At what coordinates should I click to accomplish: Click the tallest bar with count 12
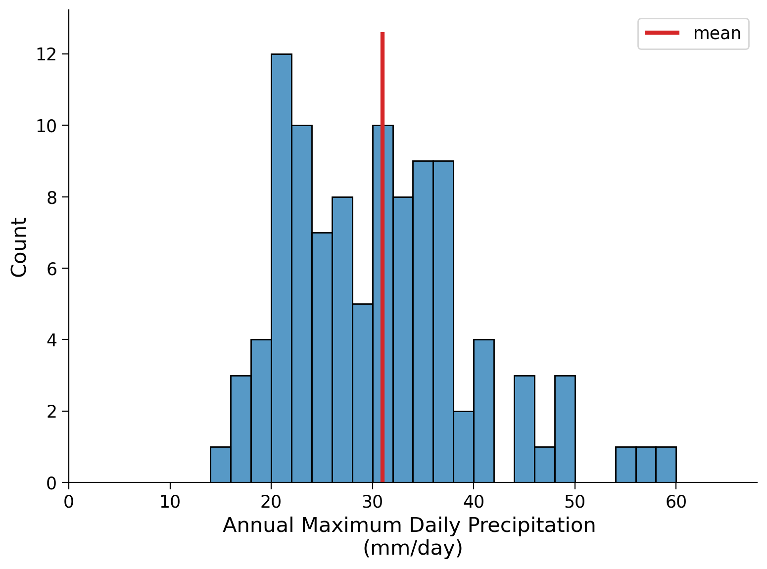pyautogui.click(x=281, y=267)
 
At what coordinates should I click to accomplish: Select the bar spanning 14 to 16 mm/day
pyautogui.click(x=220, y=465)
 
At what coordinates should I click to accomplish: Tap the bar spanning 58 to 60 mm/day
pyautogui.click(x=666, y=465)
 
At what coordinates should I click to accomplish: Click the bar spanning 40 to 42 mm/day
pyautogui.click(x=483, y=411)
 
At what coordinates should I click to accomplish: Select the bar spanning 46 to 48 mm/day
pyautogui.click(x=544, y=465)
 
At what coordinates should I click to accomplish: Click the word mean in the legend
pyautogui.click(x=717, y=34)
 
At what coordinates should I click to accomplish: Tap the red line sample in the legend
pyautogui.click(x=662, y=33)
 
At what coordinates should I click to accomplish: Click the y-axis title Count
pyautogui.click(x=19, y=247)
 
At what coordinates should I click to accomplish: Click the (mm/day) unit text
pyautogui.click(x=413, y=548)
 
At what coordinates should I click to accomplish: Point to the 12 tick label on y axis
pyautogui.click(x=46, y=54)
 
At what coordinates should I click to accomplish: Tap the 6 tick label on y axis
pyautogui.click(x=51, y=269)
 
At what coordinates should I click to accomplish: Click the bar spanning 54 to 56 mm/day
pyautogui.click(x=625, y=465)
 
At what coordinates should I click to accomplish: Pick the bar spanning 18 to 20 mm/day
pyautogui.click(x=261, y=411)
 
